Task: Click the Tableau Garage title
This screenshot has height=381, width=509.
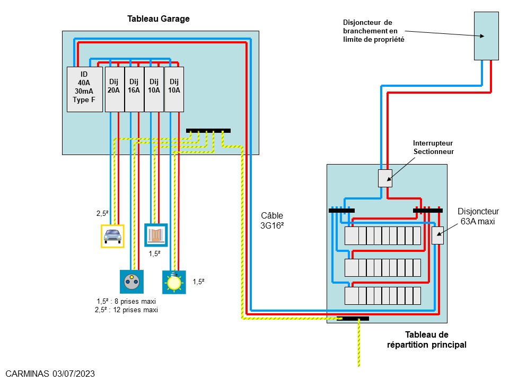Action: (158, 19)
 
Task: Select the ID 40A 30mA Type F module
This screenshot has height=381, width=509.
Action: (85, 89)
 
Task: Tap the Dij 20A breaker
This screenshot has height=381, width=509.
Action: (114, 89)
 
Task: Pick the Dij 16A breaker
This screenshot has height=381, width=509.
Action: (134, 89)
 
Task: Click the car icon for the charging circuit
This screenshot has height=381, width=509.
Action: (112, 235)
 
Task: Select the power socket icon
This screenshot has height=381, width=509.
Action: (130, 282)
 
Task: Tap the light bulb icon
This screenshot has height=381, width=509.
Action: (173, 282)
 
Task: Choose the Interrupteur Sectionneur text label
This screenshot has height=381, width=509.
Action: (433, 148)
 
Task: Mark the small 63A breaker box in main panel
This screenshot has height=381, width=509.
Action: (437, 235)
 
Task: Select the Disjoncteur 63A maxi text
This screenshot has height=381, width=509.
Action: (476, 216)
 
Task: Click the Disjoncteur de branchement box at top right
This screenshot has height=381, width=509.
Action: (486, 37)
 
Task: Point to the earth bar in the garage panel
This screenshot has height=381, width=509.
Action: (208, 131)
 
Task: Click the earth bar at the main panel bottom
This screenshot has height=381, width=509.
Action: (355, 319)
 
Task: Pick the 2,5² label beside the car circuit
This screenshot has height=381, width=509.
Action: (103, 214)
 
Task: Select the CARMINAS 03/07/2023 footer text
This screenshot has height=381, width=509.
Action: (50, 374)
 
